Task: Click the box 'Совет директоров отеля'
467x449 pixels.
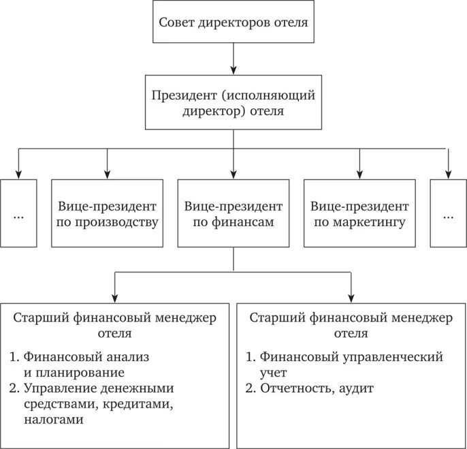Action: point(233,22)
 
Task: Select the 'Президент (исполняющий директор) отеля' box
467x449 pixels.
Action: point(233,102)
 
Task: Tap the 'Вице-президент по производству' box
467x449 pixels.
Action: point(108,213)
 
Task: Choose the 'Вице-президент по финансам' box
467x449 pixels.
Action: point(233,213)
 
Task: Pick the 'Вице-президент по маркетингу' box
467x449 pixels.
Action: point(359,213)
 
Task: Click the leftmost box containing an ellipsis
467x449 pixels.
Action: point(18,213)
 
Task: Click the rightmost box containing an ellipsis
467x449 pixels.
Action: point(449,213)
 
